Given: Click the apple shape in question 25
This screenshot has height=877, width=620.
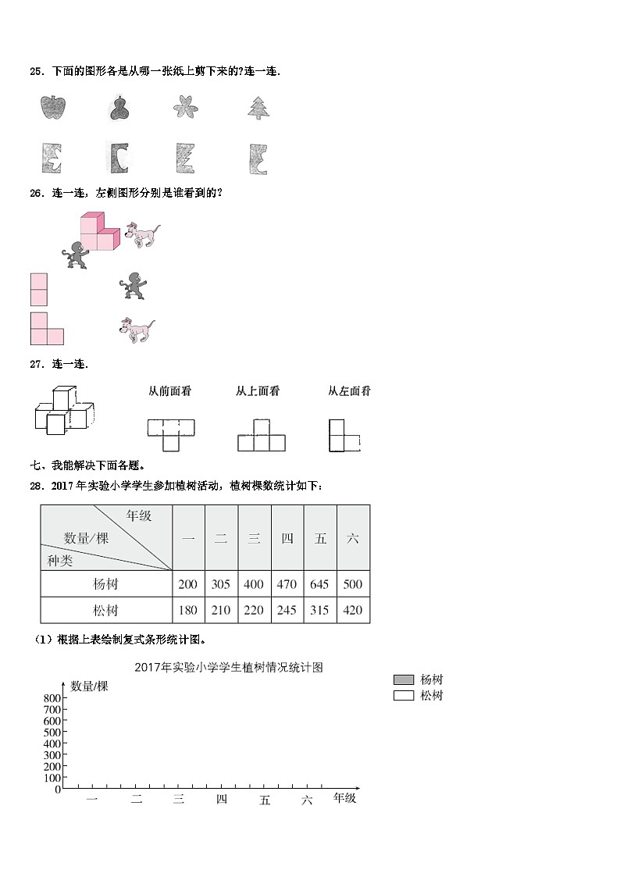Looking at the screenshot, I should (51, 108).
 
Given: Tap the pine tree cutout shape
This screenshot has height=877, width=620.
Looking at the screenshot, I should (258, 108).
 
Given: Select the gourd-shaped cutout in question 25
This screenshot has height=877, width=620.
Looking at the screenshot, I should (119, 108).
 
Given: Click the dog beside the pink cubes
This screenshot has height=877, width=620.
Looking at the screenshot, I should (142, 234).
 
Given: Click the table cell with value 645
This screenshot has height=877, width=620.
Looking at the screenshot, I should (320, 584).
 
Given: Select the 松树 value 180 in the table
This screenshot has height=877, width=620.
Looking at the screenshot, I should (188, 610).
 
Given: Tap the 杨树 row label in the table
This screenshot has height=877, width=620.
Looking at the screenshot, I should (105, 584).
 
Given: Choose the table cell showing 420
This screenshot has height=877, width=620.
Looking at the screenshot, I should (353, 610).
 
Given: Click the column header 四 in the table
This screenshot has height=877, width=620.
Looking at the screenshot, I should (287, 538).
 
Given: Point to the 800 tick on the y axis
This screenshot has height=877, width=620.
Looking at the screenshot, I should (52, 698).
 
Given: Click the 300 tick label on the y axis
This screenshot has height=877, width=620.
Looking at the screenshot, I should (52, 755).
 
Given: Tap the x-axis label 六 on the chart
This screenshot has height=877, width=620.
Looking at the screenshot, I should (307, 799).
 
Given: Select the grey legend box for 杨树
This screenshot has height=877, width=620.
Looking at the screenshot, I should (404, 679).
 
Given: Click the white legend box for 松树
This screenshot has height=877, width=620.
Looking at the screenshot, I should (404, 696).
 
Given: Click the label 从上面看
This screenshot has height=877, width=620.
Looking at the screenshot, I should (258, 391).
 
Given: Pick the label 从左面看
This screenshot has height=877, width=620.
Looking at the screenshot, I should (349, 391).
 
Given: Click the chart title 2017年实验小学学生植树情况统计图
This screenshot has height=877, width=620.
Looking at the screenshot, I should (229, 668).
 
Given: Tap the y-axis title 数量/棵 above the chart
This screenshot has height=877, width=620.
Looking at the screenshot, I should (89, 686).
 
